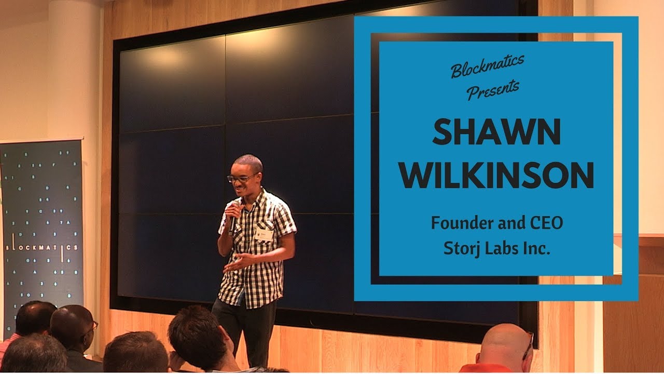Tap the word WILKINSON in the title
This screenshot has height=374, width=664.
point(496,176)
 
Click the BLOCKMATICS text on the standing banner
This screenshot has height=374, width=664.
point(42,248)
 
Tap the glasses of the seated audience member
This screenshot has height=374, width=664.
point(92,327)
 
